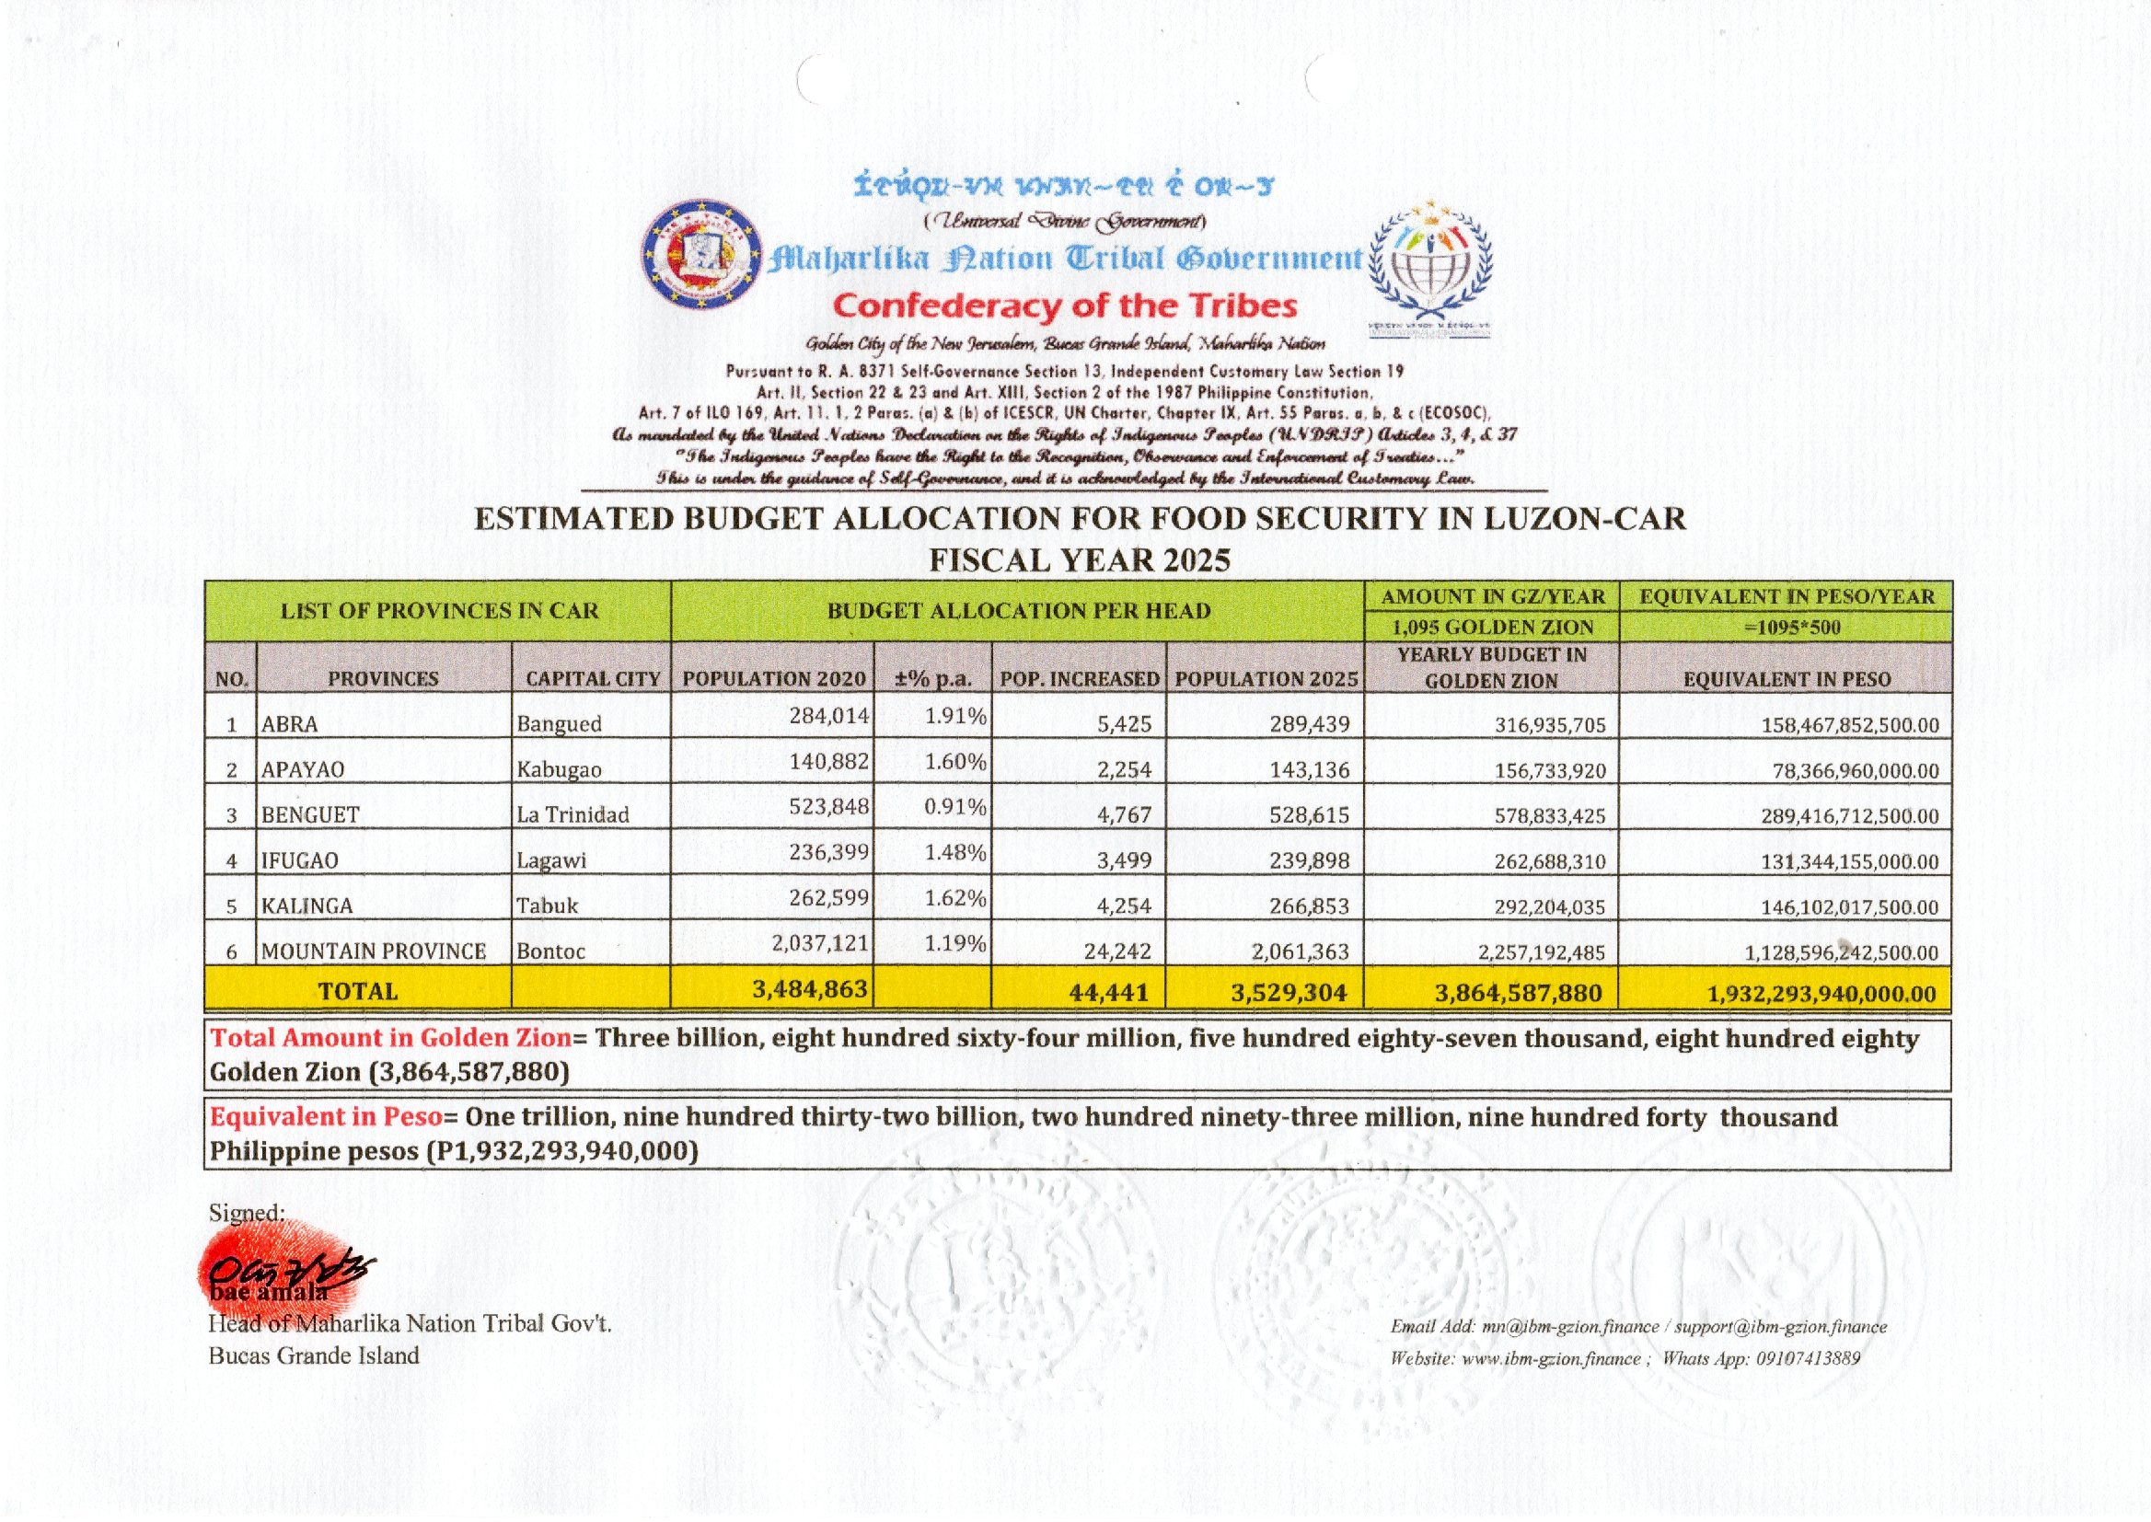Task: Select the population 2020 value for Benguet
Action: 828,806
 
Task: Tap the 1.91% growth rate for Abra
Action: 955,716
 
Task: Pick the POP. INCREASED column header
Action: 1079,678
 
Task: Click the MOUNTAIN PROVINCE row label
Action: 373,951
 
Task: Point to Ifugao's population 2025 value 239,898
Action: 1310,860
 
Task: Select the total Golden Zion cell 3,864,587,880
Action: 1518,993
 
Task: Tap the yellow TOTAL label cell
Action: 357,991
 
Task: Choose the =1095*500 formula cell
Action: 1786,627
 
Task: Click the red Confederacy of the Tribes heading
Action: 1065,306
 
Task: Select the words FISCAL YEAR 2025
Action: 1079,559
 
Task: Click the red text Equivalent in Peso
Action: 325,1116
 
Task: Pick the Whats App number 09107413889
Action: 1807,1358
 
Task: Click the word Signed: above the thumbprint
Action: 246,1212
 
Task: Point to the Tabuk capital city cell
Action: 548,905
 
